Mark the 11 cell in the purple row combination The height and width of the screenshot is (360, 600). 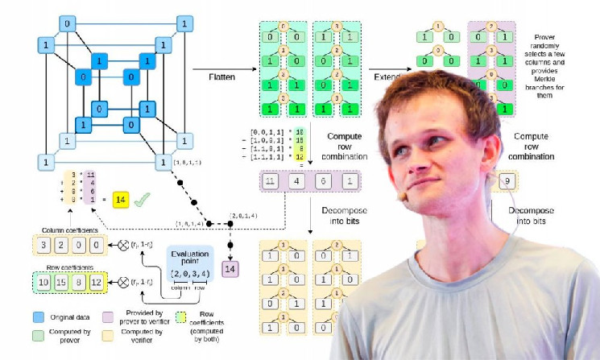point(271,182)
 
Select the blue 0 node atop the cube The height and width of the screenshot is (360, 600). point(68,26)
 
